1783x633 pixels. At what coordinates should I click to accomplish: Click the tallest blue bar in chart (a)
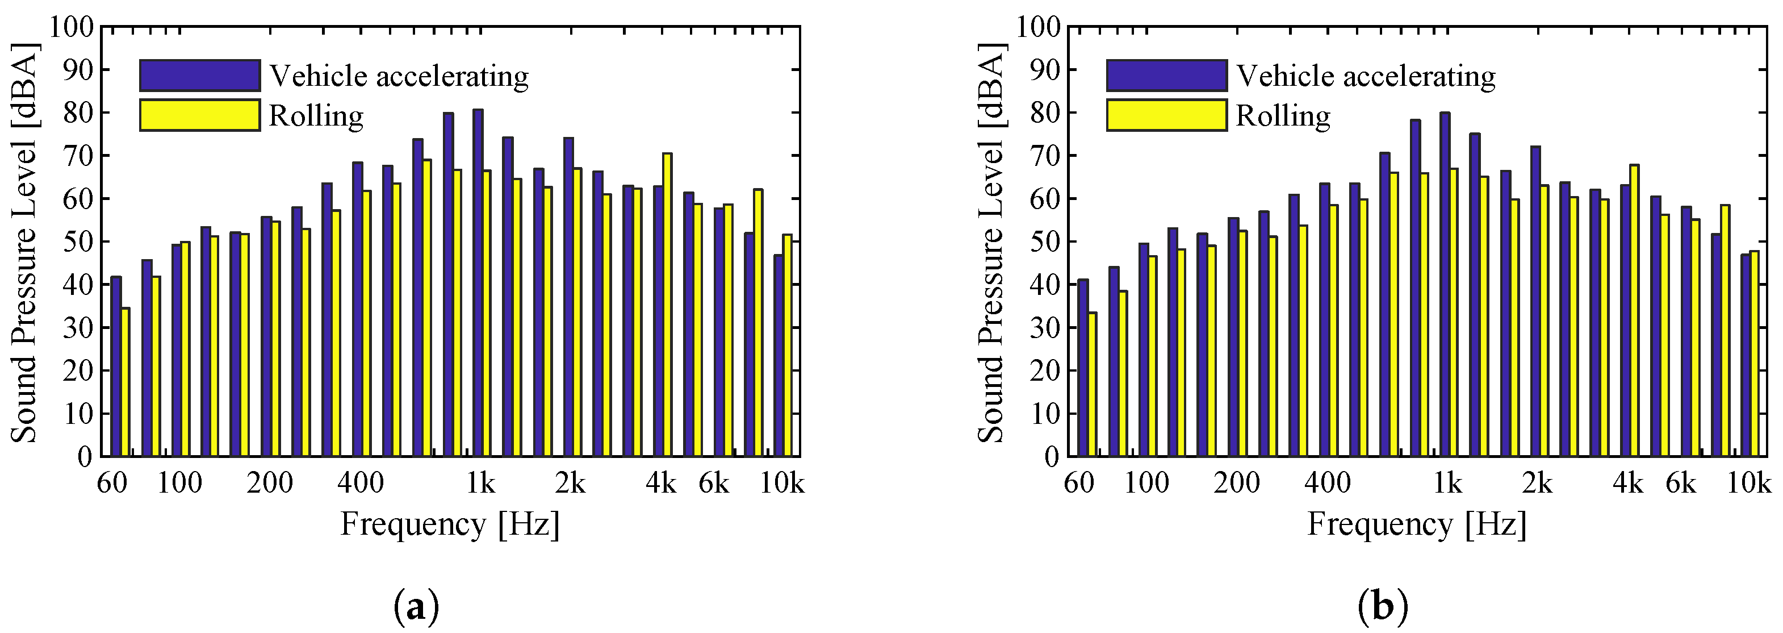pos(478,284)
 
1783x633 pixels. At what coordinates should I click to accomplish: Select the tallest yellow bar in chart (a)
pos(667,305)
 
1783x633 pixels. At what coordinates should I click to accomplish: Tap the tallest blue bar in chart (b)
pos(1445,284)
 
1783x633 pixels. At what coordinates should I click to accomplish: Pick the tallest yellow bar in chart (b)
pos(1634,311)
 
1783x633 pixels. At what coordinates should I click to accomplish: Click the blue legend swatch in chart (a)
pos(199,76)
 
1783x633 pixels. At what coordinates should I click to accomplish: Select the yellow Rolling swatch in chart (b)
pos(1166,115)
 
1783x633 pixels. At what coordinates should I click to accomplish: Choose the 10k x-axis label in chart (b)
pos(1749,484)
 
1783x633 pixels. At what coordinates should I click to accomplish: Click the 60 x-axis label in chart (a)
pos(112,484)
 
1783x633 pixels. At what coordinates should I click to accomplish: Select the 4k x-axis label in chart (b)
pos(1628,484)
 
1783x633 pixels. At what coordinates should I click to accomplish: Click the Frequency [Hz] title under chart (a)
pos(450,524)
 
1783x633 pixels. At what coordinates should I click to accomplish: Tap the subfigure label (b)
pos(1383,607)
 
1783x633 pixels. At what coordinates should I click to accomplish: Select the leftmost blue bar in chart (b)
pos(1082,367)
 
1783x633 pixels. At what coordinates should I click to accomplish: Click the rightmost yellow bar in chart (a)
pos(787,346)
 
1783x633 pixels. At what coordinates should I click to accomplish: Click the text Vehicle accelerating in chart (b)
pos(1366,76)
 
